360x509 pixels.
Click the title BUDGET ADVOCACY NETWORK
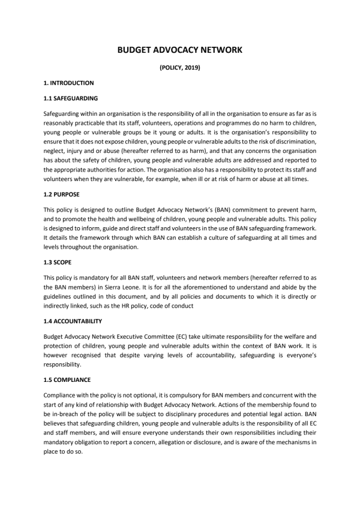[180, 50]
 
